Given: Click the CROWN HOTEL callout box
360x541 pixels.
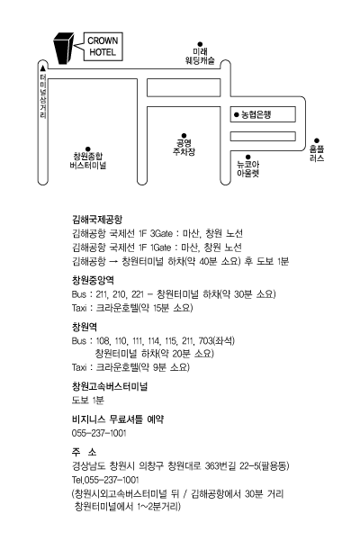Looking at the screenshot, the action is (103, 47).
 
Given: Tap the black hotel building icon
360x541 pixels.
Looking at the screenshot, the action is (63, 49).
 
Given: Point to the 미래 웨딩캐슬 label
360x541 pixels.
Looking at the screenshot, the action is (200, 56).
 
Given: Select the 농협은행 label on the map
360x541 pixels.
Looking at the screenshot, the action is (256, 114).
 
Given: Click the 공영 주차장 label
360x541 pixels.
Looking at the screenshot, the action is (184, 148).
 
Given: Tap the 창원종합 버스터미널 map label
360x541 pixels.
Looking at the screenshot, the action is (88, 161).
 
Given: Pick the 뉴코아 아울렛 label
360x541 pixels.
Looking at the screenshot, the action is (247, 168).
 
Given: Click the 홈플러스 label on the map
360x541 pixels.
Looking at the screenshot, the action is (317, 153).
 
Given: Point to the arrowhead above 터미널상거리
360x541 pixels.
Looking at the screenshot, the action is (43, 68).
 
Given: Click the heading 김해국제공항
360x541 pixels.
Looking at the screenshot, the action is (97, 220).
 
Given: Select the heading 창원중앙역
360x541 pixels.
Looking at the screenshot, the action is (93, 280).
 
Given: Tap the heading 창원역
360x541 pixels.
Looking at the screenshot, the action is (84, 327).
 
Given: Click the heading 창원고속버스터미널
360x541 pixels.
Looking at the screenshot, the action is (110, 386).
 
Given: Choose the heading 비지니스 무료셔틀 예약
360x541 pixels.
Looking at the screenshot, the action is (118, 419).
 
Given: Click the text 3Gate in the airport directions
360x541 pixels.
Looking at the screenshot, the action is (161, 233).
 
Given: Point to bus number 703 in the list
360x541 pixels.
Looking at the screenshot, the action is (206, 341).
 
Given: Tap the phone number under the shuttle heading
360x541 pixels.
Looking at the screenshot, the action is (99, 433).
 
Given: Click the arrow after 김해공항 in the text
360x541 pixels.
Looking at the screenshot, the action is (113, 262).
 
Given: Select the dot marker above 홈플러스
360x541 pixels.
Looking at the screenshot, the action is (317, 140).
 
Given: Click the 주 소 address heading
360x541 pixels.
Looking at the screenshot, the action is (84, 452).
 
